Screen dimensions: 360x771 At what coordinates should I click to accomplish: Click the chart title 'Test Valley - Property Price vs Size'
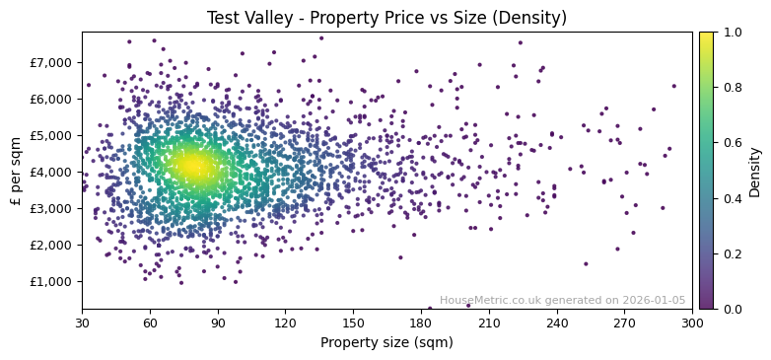pyautogui.click(x=386, y=18)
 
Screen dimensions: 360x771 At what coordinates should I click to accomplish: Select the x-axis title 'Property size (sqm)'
pyautogui.click(x=386, y=343)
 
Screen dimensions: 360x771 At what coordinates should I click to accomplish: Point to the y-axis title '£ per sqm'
pyautogui.click(x=16, y=171)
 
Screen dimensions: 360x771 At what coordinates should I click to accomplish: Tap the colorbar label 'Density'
pyautogui.click(x=754, y=171)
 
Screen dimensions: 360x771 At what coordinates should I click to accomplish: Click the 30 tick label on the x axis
pyautogui.click(x=82, y=323)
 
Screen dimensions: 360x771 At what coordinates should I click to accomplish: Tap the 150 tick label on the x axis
pyautogui.click(x=353, y=323)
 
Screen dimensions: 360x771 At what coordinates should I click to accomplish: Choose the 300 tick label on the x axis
pyautogui.click(x=692, y=323)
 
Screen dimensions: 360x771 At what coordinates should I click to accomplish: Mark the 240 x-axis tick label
pyautogui.click(x=557, y=323)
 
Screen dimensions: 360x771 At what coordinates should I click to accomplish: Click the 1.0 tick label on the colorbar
pyautogui.click(x=731, y=33)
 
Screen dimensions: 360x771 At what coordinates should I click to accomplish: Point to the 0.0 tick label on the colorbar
pyautogui.click(x=731, y=309)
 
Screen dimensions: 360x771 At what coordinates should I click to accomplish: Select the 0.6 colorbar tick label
pyautogui.click(x=731, y=143)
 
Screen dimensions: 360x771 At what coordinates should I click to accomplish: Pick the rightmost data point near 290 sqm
pyautogui.click(x=674, y=86)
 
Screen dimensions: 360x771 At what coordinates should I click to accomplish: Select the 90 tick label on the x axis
pyautogui.click(x=218, y=323)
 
